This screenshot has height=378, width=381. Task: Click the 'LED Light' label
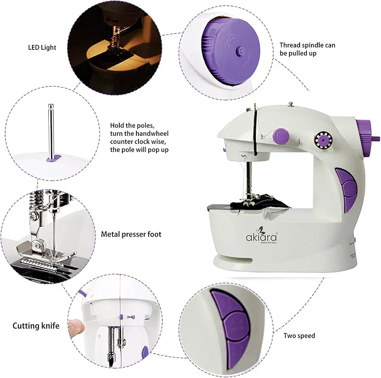tap(42, 47)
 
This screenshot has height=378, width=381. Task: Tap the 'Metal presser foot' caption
tap(131, 234)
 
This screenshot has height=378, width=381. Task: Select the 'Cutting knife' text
tap(36, 326)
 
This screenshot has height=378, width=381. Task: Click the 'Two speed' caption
tap(299, 336)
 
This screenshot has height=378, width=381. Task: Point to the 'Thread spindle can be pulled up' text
tap(307, 49)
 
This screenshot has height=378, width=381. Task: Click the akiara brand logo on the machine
tap(261, 237)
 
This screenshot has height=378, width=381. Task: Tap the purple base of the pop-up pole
tap(51, 159)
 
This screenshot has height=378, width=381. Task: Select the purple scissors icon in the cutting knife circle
tap(132, 317)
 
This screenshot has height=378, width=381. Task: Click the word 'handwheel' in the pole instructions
tap(145, 134)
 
